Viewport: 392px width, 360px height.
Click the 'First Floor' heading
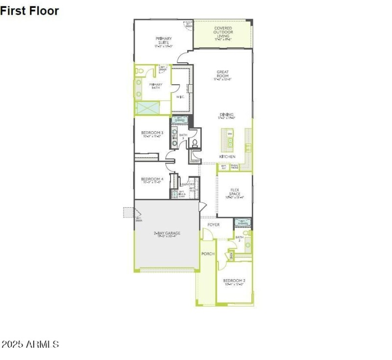point(29,11)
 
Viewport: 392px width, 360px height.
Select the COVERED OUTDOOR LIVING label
point(223,32)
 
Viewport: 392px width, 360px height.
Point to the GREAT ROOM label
point(223,74)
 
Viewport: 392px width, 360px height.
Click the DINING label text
point(226,115)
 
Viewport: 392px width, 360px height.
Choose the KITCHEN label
point(227,157)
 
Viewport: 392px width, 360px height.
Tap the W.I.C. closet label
point(180,96)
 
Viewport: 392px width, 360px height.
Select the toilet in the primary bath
point(139,72)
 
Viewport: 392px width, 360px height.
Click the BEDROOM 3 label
point(152,133)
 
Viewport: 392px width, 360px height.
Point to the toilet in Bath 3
point(195,144)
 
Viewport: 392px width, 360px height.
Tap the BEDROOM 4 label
point(152,179)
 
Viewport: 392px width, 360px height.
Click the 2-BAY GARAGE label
point(167,234)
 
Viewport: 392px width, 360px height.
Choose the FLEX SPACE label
point(235,192)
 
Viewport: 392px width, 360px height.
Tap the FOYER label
point(214,224)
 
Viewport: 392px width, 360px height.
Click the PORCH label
point(208,254)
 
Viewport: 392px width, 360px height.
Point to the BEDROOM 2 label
point(235,281)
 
